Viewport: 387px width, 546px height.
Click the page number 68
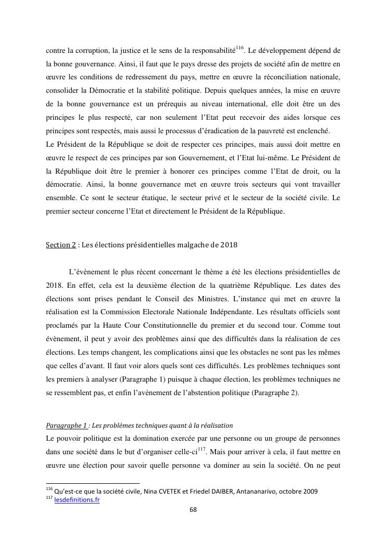click(193, 509)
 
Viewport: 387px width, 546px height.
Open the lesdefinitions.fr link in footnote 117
click(77, 500)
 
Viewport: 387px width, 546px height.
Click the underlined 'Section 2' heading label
click(61, 245)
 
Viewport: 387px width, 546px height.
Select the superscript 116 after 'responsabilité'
click(239, 48)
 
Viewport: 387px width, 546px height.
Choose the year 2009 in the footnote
click(310, 492)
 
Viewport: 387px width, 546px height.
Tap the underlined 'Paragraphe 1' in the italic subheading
click(66, 425)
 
